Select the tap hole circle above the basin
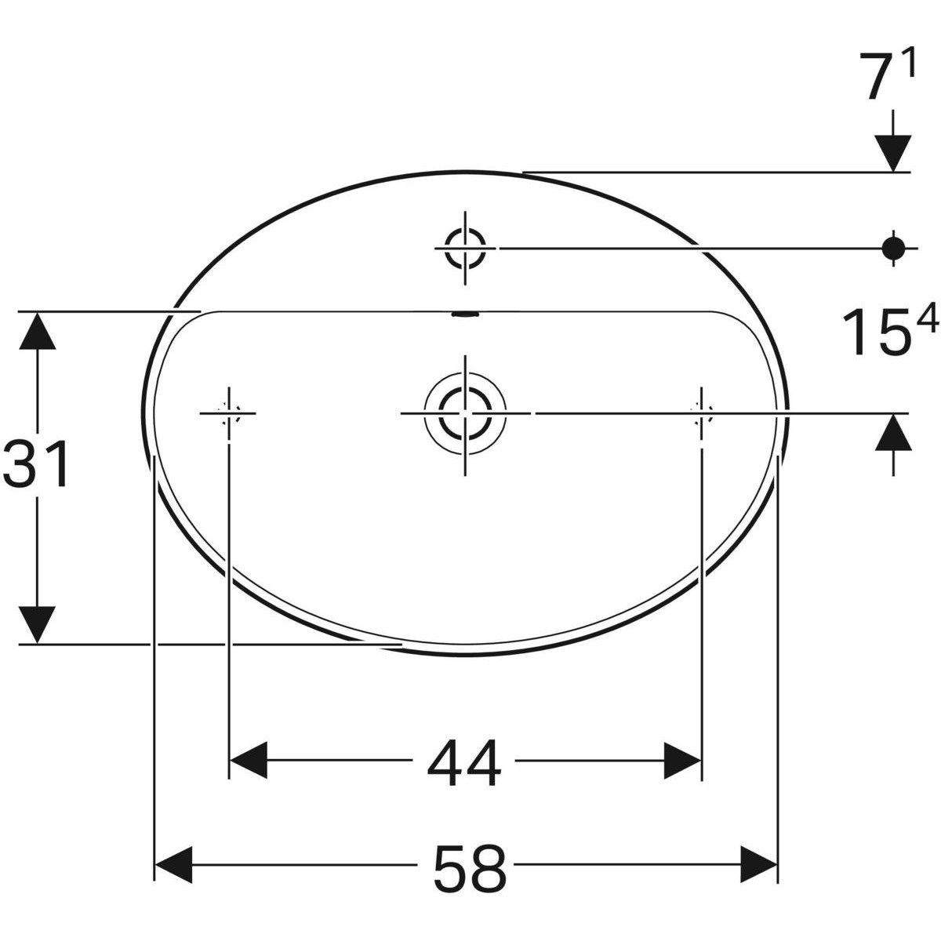tap(466, 248)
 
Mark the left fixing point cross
tap(228, 412)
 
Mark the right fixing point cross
tap(700, 412)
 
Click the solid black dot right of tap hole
tap(892, 248)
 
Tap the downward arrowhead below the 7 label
tap(892, 152)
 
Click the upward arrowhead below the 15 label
tap(892, 433)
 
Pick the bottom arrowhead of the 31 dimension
tap(37, 624)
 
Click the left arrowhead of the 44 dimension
tap(249, 760)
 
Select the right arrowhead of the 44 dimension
tap(681, 760)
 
